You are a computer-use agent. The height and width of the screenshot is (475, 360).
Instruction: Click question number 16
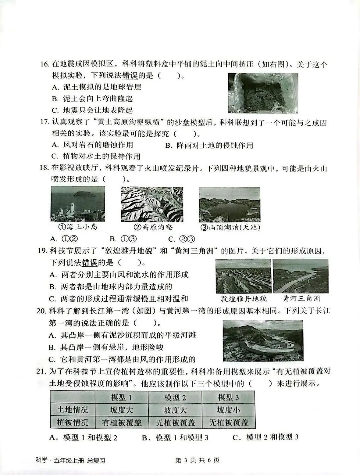point(45,64)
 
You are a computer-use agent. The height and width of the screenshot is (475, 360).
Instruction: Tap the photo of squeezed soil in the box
point(263,93)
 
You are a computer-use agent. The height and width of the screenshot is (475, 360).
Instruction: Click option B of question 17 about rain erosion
point(209,145)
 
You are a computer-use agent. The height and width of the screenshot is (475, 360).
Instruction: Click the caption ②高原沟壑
point(153,227)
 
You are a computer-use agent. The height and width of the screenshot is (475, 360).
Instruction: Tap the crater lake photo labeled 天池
point(230,204)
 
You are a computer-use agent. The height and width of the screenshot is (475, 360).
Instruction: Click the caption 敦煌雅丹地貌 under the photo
point(243,298)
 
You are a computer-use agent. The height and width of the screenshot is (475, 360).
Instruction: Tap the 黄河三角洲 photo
point(300,276)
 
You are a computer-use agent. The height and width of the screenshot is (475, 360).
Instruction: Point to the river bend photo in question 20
point(263,340)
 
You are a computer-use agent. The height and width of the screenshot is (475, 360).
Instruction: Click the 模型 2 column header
point(175,398)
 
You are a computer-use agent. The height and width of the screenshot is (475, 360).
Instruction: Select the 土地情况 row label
point(73,410)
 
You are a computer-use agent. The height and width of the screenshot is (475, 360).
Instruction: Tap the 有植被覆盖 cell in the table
point(122,423)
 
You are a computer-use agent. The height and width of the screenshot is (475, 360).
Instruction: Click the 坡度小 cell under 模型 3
point(228,410)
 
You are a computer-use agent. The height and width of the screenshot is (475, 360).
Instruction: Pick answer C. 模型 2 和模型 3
point(265,437)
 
